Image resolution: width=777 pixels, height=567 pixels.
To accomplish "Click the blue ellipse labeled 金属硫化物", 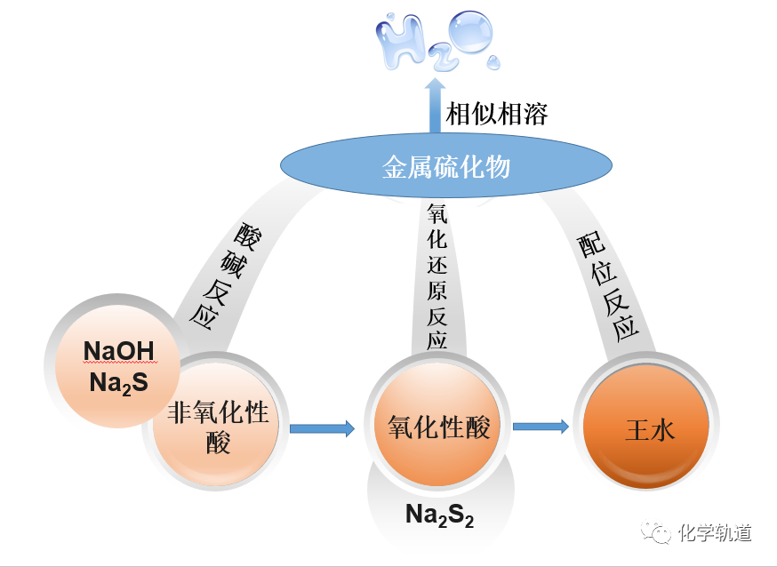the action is point(446,165).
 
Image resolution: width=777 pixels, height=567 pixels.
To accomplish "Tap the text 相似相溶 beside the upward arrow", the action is point(497,114).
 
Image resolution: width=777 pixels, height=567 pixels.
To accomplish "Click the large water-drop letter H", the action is point(400,41).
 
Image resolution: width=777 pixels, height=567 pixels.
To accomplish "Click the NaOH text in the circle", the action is point(119,351).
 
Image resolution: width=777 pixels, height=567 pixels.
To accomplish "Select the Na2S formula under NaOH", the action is point(119,383).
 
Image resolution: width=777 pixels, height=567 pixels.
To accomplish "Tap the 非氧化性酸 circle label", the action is point(218,427).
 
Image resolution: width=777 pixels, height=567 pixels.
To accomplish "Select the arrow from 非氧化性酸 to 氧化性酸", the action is point(322,428).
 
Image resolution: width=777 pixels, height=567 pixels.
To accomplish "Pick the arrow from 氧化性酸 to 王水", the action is point(541,427).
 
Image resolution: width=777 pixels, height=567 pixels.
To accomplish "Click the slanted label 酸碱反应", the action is point(226,276).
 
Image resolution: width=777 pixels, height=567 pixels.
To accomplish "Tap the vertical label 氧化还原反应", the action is point(437,277).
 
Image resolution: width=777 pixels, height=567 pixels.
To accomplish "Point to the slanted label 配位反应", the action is point(608,287).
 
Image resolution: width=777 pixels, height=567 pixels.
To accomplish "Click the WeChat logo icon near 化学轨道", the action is point(656,531).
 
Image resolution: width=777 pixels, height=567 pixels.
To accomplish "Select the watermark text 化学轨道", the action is point(715,533).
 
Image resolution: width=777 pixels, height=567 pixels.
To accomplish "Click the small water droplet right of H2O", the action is point(493,62).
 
